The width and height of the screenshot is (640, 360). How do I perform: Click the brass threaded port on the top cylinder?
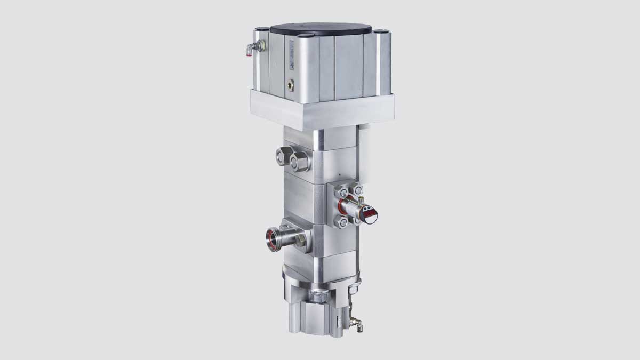click(x=290, y=83)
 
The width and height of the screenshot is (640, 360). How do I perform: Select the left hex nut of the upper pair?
click(x=283, y=156)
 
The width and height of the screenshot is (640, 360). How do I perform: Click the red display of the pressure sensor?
click(x=370, y=215)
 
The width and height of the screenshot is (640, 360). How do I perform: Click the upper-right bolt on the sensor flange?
click(x=358, y=190)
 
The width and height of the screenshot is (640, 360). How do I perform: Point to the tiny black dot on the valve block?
click(x=338, y=174)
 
